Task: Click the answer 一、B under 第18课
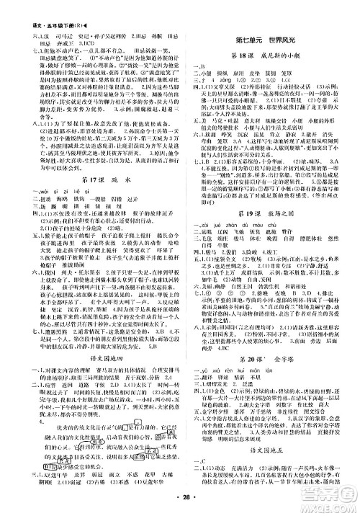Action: pyautogui.click(x=193, y=67)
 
